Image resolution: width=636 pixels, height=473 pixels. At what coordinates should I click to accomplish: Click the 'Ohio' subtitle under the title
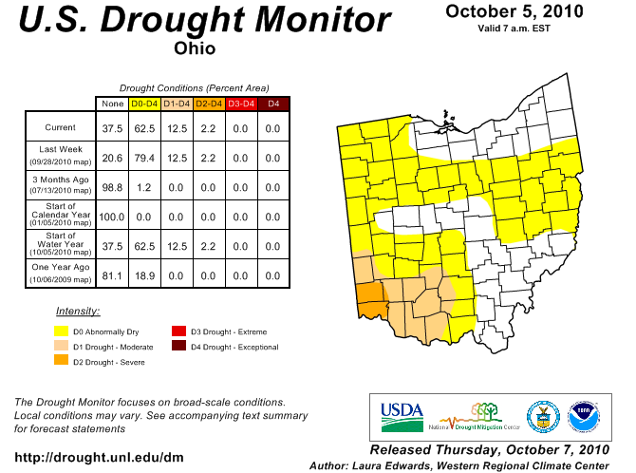pos(195,48)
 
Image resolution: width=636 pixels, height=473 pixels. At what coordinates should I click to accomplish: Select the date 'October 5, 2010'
pos(514,11)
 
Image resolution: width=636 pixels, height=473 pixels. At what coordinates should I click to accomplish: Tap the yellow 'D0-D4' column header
pos(144,103)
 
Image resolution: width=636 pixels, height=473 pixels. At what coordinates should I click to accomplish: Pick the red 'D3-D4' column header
pos(241,103)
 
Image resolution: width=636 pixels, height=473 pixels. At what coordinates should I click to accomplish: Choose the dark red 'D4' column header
pos(273,103)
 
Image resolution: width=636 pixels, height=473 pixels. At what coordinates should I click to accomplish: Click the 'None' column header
pos(113,103)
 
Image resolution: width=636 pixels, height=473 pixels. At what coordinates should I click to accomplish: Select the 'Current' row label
pos(61,127)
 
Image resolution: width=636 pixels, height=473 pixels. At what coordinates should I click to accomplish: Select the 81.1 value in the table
pos(113,275)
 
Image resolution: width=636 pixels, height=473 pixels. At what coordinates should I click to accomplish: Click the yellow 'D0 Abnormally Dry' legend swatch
pos(62,331)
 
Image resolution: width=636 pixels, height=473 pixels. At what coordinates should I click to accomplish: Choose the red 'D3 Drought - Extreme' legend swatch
pos(178,331)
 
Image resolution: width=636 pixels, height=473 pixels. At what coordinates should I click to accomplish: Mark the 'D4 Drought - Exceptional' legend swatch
pos(178,346)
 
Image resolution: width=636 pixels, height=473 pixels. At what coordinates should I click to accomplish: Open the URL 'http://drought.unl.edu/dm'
pos(100,458)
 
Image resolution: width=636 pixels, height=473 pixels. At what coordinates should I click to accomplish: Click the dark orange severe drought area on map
pos(370,296)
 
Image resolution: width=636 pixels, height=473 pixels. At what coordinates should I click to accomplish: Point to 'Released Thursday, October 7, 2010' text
pos(489,448)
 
